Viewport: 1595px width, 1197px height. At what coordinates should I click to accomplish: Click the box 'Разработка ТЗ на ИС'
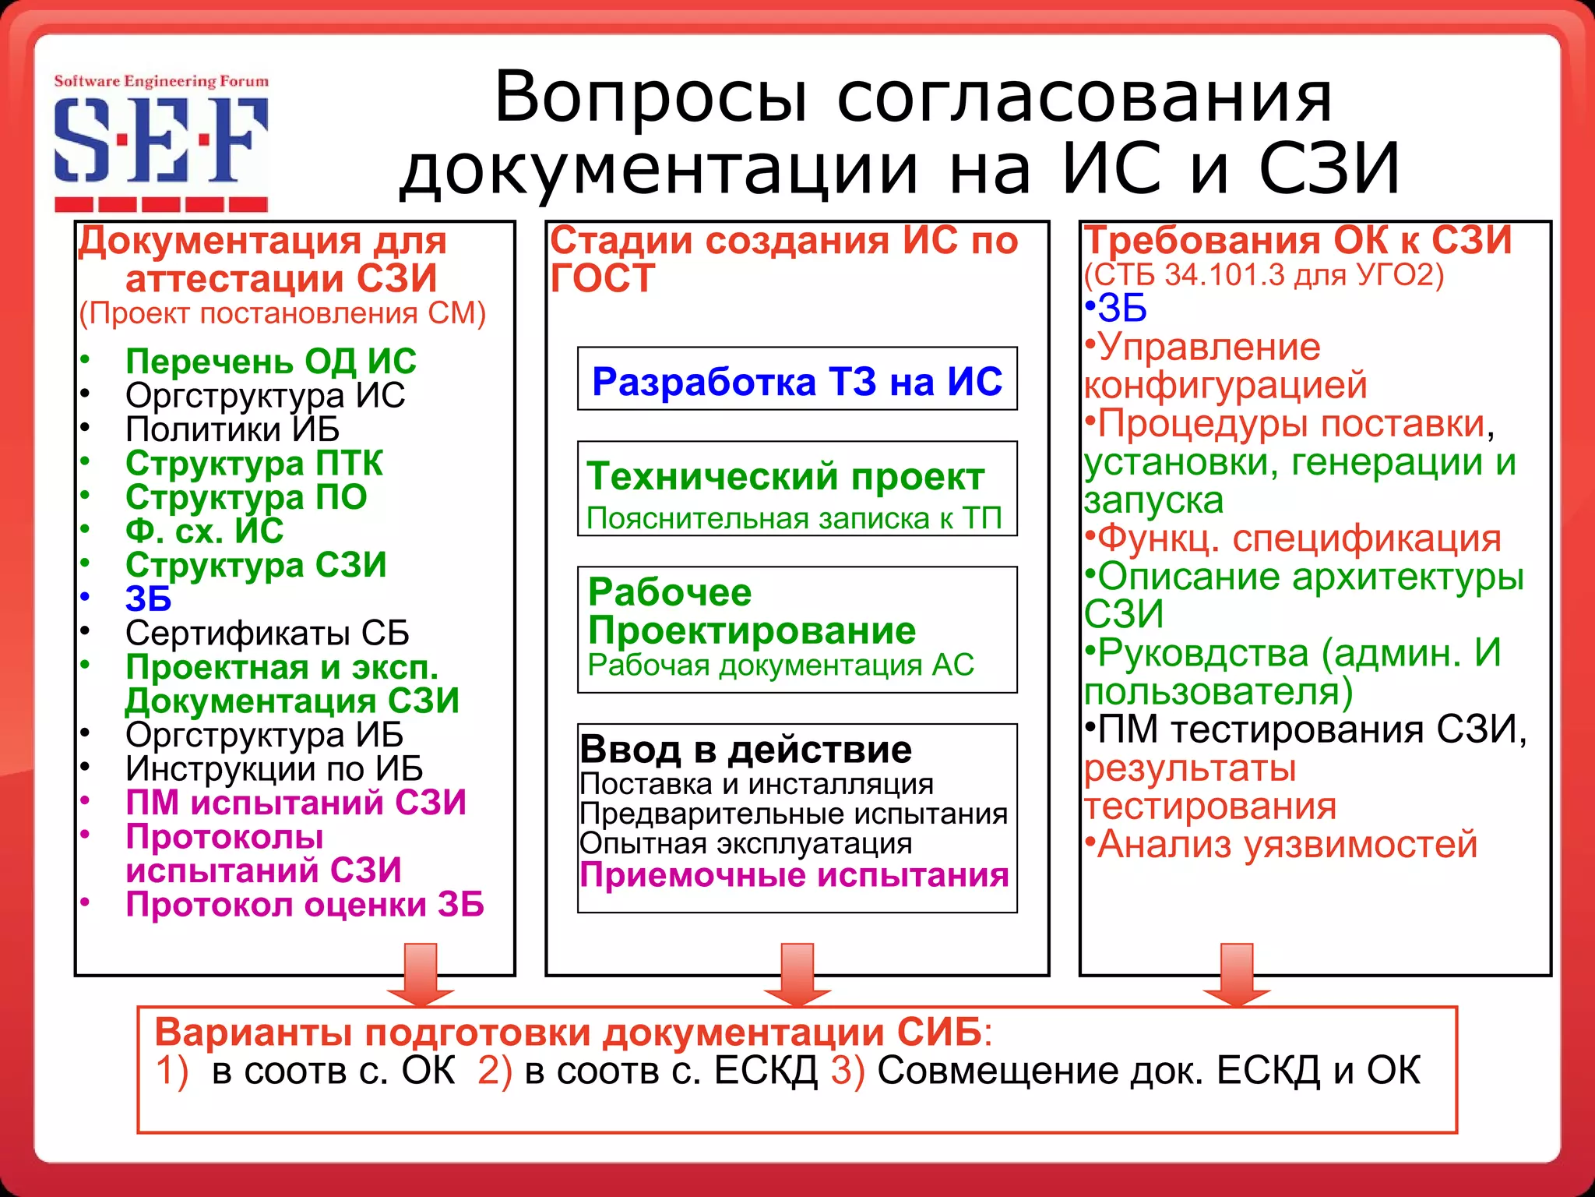tap(797, 380)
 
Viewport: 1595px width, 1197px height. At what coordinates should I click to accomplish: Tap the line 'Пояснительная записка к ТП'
tap(794, 518)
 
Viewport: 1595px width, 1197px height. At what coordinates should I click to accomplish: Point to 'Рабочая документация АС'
tap(780, 665)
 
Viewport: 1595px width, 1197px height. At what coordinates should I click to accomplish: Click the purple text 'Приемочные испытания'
tap(794, 875)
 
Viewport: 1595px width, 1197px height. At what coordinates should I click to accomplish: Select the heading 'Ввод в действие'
tap(745, 750)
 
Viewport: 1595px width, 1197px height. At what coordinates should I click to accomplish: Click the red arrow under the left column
tap(421, 974)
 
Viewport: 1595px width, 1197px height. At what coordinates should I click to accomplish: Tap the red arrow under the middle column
tap(797, 974)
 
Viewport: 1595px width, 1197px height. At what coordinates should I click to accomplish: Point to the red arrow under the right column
tap(1236, 974)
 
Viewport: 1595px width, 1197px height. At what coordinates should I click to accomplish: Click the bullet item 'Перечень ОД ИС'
tap(270, 362)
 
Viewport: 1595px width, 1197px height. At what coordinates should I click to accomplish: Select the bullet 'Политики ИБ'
tap(232, 429)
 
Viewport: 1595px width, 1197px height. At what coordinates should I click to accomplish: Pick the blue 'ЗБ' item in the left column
tap(148, 599)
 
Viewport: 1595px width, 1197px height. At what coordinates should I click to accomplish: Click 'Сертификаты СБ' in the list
tap(267, 633)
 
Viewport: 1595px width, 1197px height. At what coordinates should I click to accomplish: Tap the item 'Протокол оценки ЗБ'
tap(305, 905)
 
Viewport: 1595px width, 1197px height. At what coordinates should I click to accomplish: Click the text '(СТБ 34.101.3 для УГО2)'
tap(1263, 275)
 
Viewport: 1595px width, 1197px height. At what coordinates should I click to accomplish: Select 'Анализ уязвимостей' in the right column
tap(1287, 844)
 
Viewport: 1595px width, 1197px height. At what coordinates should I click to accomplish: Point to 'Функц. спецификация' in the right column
tap(1298, 538)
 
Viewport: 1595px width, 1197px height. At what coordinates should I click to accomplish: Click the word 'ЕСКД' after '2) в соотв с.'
tap(766, 1071)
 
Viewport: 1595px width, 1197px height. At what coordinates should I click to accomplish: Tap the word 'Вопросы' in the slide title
tap(651, 97)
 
